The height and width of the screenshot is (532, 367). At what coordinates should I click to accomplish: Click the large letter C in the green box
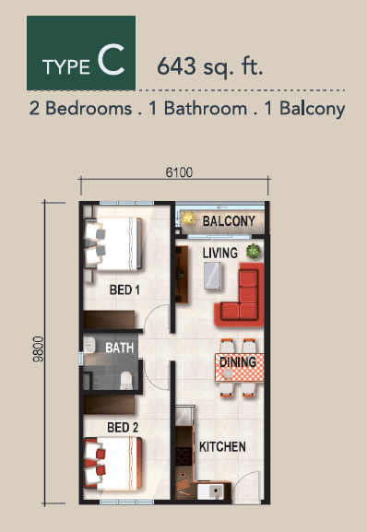click(x=111, y=60)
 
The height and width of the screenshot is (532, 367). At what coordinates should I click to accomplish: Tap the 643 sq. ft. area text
click(x=210, y=65)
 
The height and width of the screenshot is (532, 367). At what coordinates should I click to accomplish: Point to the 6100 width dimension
click(x=179, y=172)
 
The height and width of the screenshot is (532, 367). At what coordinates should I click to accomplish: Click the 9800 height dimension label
click(x=38, y=349)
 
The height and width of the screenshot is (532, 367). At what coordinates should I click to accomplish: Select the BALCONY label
click(x=229, y=221)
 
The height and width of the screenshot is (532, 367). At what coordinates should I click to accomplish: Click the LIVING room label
click(x=219, y=253)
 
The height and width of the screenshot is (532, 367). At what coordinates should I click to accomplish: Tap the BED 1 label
click(x=124, y=290)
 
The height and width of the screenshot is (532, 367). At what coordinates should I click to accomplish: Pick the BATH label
click(x=119, y=348)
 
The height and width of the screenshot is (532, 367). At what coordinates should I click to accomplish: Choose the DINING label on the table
click(x=238, y=362)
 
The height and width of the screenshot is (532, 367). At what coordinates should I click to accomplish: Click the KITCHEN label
click(x=222, y=446)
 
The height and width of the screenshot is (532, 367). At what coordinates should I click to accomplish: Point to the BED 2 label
click(x=123, y=428)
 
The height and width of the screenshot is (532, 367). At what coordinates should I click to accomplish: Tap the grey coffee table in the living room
click(x=213, y=276)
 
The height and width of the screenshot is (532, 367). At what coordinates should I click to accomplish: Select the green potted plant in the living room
click(x=254, y=251)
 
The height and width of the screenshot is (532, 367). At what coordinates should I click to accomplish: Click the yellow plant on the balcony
click(x=187, y=219)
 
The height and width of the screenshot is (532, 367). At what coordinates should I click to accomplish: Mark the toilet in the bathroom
click(x=125, y=380)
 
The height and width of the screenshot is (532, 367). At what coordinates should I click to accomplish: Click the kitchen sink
click(x=210, y=491)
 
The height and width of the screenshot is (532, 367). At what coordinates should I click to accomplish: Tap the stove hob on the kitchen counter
click(x=183, y=456)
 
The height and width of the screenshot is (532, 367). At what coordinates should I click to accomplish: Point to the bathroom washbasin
click(x=89, y=346)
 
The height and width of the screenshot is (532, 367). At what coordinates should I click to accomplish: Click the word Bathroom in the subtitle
click(x=206, y=109)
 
